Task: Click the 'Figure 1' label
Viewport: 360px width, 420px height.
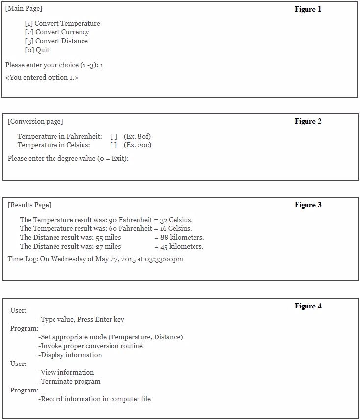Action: click(308, 9)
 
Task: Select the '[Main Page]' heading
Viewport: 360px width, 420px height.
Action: click(24, 9)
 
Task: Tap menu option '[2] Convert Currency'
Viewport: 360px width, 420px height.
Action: click(57, 32)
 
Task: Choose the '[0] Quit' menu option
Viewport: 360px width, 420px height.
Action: click(37, 50)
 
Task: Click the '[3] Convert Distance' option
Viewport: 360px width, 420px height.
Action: click(56, 41)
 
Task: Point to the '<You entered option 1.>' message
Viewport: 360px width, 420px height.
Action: click(42, 78)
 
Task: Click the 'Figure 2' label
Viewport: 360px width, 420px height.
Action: click(308, 121)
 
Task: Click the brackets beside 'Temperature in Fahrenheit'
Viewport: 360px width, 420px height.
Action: click(113, 136)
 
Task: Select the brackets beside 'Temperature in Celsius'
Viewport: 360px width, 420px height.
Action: click(113, 145)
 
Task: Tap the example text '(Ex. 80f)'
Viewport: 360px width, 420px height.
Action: click(137, 136)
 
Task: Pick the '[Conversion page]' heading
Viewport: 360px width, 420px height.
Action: click(35, 122)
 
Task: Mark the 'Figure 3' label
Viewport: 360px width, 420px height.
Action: click(308, 205)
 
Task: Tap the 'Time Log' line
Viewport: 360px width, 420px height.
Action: click(95, 259)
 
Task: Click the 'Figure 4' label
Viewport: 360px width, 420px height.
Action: click(308, 306)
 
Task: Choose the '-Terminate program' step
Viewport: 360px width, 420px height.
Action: click(69, 382)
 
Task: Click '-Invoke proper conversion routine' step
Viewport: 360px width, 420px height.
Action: click(90, 346)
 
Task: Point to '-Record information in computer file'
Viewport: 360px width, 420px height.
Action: click(94, 399)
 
